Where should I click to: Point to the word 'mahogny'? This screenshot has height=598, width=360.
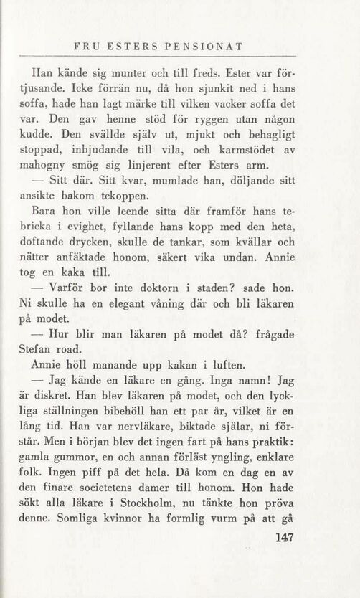pos(55,164)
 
